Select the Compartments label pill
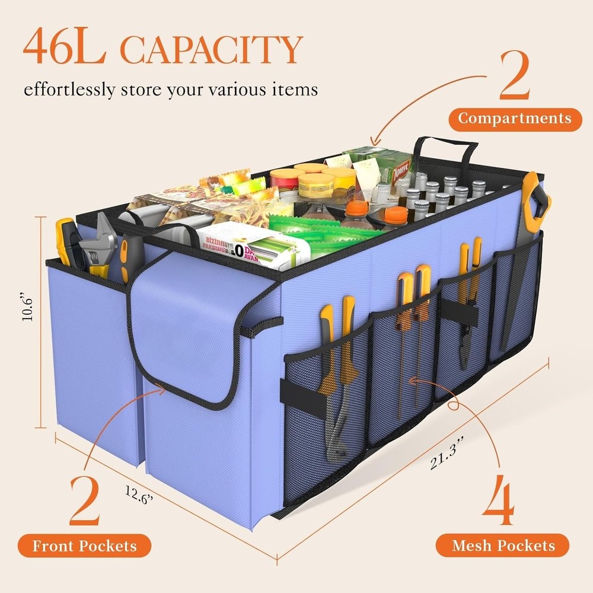(514, 119)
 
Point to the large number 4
(502, 498)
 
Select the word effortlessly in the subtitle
(70, 91)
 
